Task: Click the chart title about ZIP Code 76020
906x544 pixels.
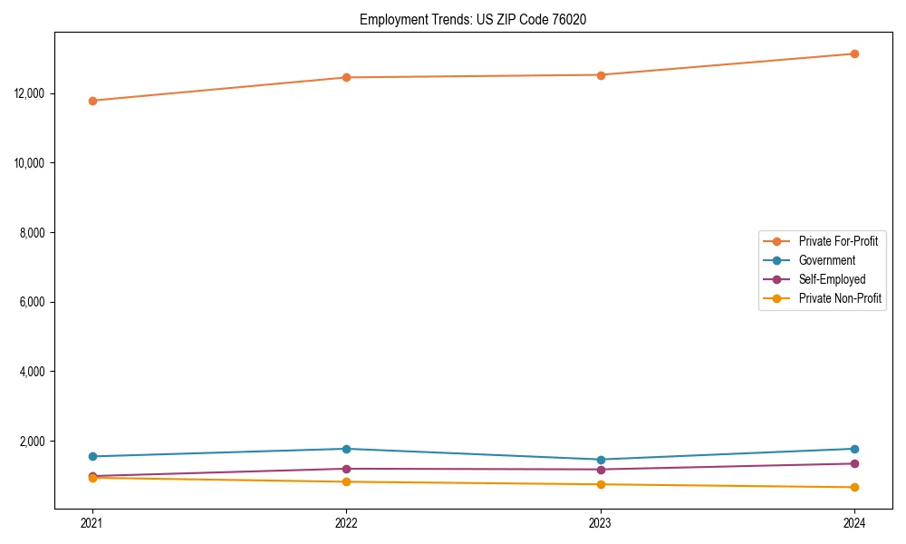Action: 473,19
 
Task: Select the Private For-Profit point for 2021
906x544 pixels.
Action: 92,101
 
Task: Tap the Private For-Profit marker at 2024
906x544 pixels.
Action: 854,53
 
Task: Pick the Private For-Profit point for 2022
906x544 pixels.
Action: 346,77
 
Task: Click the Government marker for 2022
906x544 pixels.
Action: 346,449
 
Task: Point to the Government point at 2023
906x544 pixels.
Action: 601,460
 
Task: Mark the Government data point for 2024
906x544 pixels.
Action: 854,449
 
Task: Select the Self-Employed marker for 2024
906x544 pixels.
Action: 854,463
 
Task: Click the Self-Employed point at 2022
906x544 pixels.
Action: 346,469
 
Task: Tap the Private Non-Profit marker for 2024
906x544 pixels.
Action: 854,488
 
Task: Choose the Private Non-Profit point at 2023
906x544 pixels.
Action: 601,484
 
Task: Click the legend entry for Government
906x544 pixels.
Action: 826,260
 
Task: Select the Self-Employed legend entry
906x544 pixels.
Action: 832,279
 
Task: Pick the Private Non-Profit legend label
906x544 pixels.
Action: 840,298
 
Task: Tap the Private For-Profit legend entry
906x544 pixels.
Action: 838,241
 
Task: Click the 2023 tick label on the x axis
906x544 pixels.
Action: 601,522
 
